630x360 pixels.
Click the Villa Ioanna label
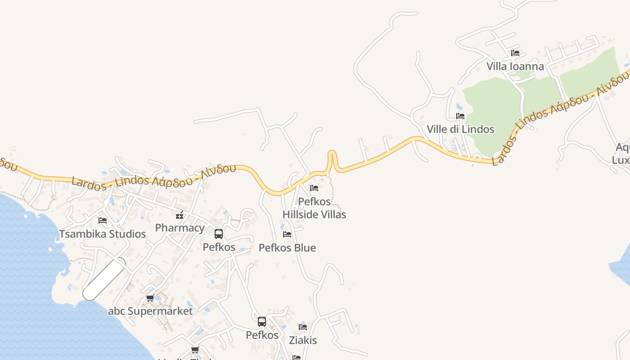pos(515,67)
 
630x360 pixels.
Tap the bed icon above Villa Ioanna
pos(515,53)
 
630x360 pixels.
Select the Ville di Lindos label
pos(460,129)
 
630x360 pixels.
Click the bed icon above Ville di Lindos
pos(460,116)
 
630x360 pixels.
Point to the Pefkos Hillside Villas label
pos(314,208)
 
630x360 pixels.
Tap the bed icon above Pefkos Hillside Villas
pos(314,188)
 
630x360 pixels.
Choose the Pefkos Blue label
pos(287,247)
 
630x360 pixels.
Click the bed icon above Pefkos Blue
pos(287,234)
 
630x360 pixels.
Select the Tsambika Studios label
pos(103,234)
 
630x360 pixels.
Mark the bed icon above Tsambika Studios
pos(103,220)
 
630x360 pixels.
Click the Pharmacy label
pos(180,228)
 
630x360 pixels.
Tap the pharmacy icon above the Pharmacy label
pos(180,215)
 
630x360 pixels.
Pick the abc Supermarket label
pos(150,311)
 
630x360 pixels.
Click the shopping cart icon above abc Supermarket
pos(150,298)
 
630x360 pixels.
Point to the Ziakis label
pos(303,340)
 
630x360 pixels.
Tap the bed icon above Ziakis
pos(303,327)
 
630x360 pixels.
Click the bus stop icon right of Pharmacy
pos(219,234)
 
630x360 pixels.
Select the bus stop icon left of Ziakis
pos(262,322)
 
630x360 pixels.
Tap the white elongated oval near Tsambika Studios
pos(104,279)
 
